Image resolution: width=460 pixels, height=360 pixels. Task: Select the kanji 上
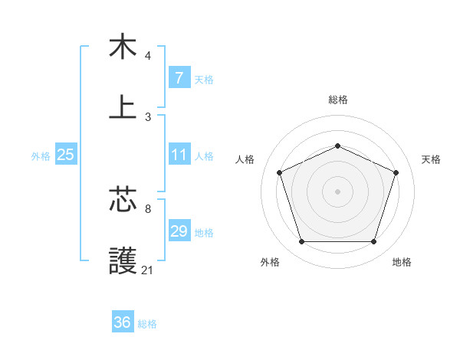pos(123,106)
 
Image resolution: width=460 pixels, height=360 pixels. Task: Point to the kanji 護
pos(123,260)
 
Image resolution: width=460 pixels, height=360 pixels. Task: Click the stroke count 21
pos(148,270)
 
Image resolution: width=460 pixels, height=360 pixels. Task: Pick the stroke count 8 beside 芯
pos(148,208)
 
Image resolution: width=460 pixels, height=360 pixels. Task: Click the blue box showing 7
pos(179,78)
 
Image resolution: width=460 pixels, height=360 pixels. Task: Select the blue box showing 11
pos(179,155)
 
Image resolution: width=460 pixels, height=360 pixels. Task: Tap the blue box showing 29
pos(179,231)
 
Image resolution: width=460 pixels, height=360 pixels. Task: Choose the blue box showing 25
pos(65,155)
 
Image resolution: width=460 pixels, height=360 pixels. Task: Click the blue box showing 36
pos(122,322)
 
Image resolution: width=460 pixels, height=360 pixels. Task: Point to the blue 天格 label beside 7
pos(204,79)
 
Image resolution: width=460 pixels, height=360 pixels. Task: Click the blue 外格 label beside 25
pos(41,155)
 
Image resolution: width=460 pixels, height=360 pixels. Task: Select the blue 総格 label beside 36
pos(147,323)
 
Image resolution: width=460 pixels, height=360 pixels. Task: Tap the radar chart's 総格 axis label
pos(337,100)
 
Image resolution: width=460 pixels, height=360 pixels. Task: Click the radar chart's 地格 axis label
pos(402,262)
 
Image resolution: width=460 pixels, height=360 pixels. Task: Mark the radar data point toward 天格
pos(396,172)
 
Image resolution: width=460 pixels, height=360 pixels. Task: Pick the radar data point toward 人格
pos(279,172)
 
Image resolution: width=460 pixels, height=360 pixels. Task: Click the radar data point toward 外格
pos(301,242)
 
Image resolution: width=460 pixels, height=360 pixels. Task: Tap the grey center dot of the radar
pos(337,191)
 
